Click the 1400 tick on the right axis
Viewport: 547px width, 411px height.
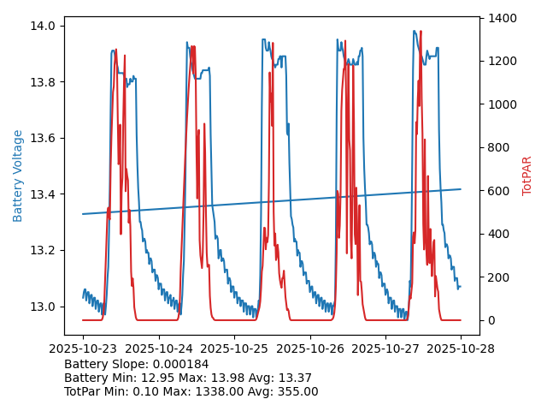[x=504, y=18]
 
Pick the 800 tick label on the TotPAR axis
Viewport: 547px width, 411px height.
[x=501, y=147]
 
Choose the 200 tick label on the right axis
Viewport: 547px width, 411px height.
[x=501, y=277]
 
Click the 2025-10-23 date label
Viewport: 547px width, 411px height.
[x=83, y=348]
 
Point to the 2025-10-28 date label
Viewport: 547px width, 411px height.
[x=461, y=348]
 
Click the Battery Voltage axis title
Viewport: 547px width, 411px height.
[x=18, y=176]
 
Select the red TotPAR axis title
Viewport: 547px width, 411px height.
[x=527, y=176]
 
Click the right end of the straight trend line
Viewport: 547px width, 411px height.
[x=460, y=189]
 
